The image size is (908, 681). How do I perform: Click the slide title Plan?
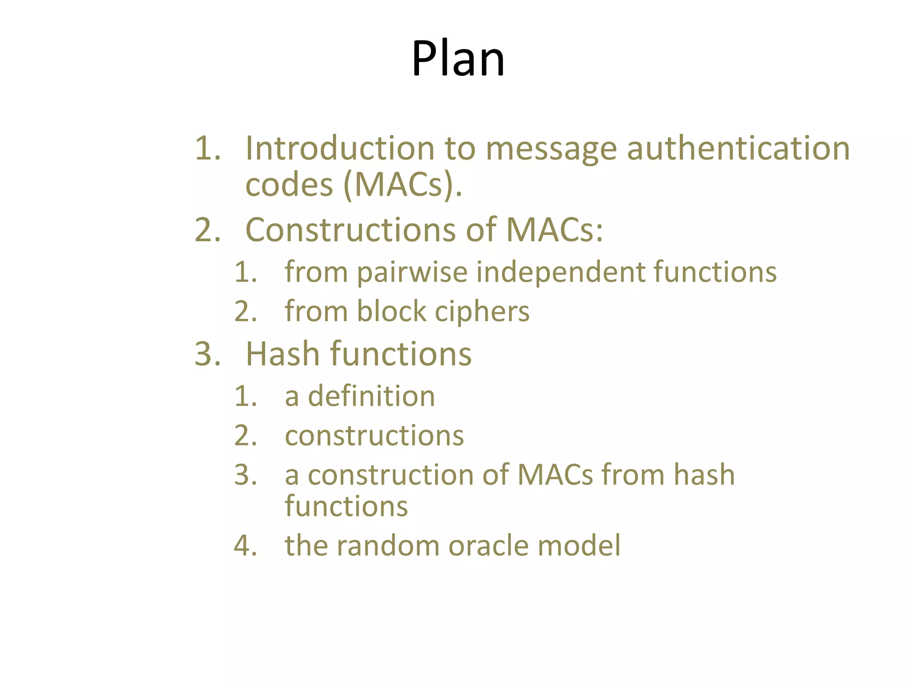(x=458, y=59)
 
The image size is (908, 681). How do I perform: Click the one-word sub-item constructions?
(x=374, y=435)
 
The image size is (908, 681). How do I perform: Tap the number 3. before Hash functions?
(x=207, y=354)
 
